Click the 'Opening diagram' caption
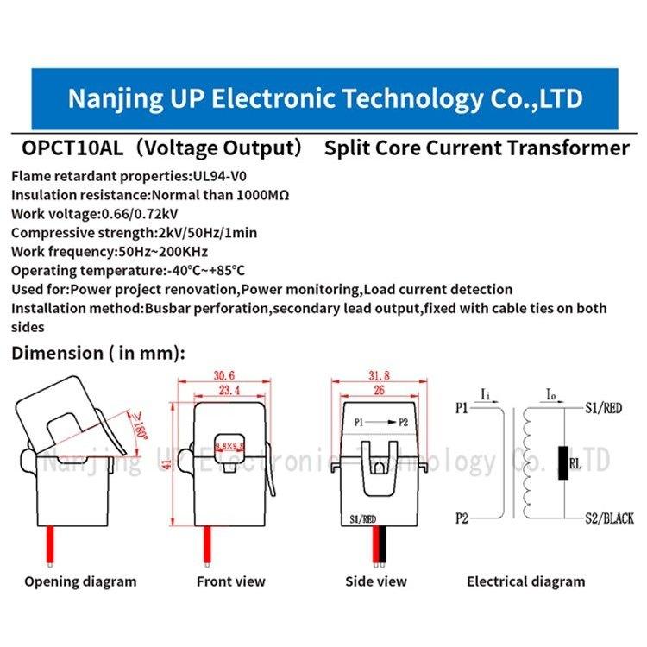point(79,581)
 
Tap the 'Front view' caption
point(230,581)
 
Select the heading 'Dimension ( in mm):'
point(97,352)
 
